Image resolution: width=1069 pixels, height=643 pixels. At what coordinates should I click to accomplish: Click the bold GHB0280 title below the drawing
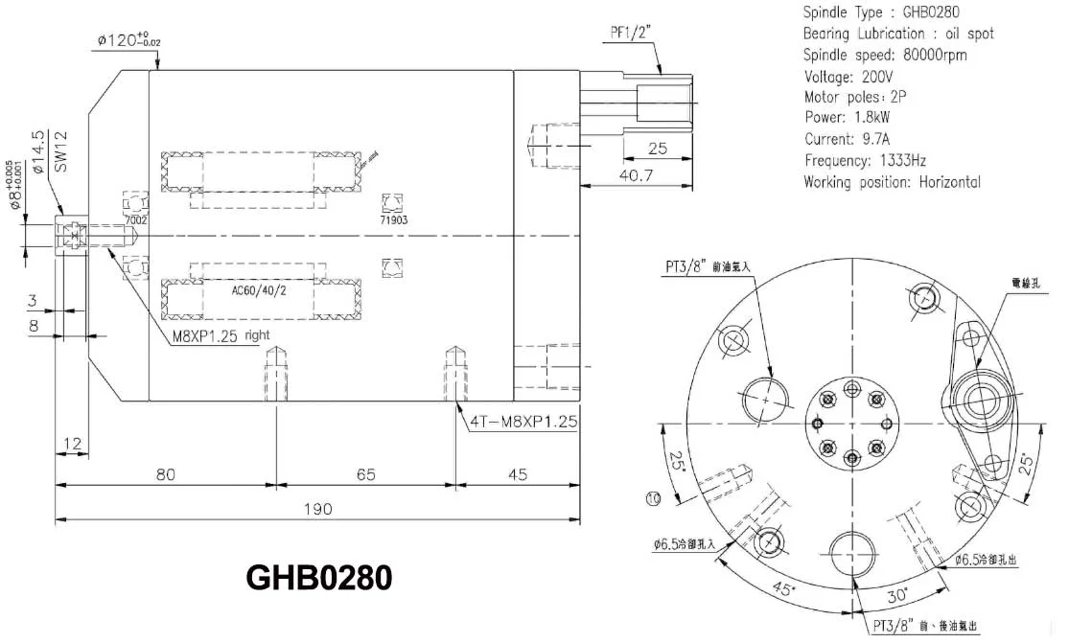tap(319, 578)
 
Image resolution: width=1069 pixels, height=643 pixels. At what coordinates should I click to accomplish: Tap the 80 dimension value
tap(165, 474)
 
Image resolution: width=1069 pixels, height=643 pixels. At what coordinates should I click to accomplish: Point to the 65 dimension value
tap(365, 474)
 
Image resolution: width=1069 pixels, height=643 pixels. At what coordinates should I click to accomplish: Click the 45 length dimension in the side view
tap(519, 474)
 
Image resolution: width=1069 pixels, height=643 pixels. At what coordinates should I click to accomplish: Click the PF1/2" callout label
tap(633, 33)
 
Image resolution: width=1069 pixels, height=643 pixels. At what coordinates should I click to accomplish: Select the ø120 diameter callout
tap(128, 40)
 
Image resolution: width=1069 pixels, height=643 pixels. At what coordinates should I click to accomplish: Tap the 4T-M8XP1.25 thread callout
tap(518, 420)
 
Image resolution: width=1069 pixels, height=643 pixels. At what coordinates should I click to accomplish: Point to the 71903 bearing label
tap(393, 219)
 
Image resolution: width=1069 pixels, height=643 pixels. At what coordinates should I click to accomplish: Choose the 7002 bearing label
tap(138, 219)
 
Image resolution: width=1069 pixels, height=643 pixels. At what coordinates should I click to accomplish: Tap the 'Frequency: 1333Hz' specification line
tap(865, 160)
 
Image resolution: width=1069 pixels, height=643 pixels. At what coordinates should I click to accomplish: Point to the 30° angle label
tap(897, 595)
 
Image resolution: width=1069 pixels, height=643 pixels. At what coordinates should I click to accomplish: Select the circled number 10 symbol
tap(653, 497)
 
